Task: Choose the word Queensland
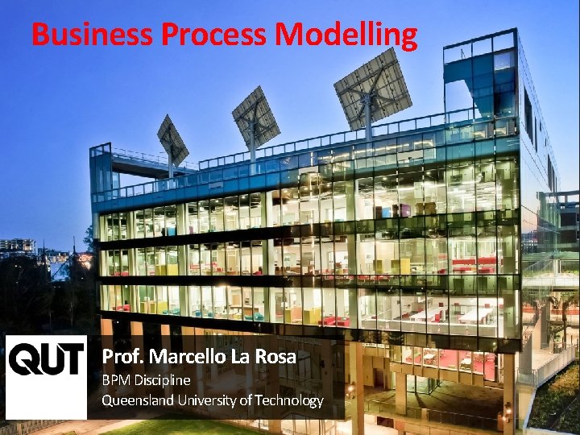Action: [137, 400]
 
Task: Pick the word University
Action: [211, 400]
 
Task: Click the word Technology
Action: [288, 400]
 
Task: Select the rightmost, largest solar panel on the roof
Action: [372, 86]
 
